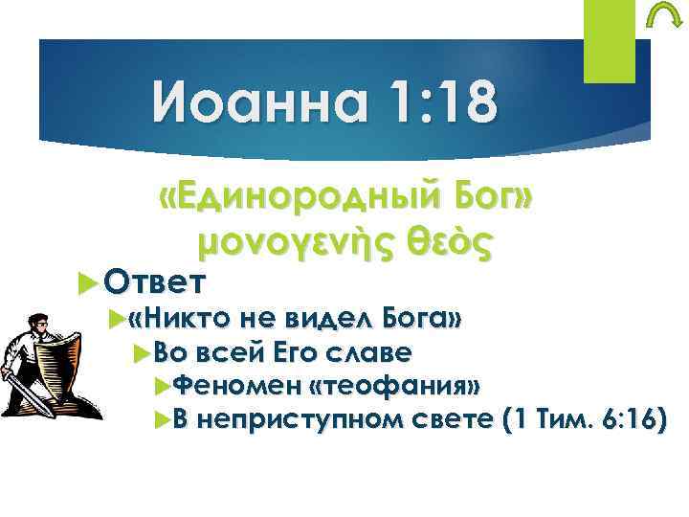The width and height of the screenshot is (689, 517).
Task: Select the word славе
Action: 367,353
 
